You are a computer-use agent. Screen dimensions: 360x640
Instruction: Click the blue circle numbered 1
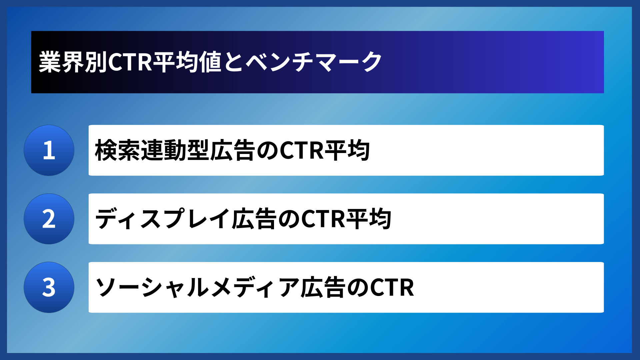[x=49, y=150]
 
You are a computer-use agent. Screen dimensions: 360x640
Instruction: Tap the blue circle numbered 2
[x=49, y=219]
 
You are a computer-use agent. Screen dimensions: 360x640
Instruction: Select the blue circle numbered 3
[x=49, y=287]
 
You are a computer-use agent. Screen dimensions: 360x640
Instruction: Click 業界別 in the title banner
[x=73, y=62]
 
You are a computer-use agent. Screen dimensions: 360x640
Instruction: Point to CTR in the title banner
[x=130, y=62]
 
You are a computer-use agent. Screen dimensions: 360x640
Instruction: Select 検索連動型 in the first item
[x=152, y=150]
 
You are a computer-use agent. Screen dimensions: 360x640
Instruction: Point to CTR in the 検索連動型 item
[x=302, y=150]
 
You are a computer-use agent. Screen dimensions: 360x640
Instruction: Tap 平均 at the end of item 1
[x=347, y=150]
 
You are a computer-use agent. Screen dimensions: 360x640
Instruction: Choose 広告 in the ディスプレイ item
[x=254, y=219]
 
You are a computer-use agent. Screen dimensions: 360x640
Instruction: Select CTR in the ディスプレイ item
[x=323, y=219]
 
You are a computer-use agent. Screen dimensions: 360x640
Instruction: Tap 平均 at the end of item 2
[x=369, y=219]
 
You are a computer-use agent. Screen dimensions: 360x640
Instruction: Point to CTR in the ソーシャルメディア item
[x=392, y=287]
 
